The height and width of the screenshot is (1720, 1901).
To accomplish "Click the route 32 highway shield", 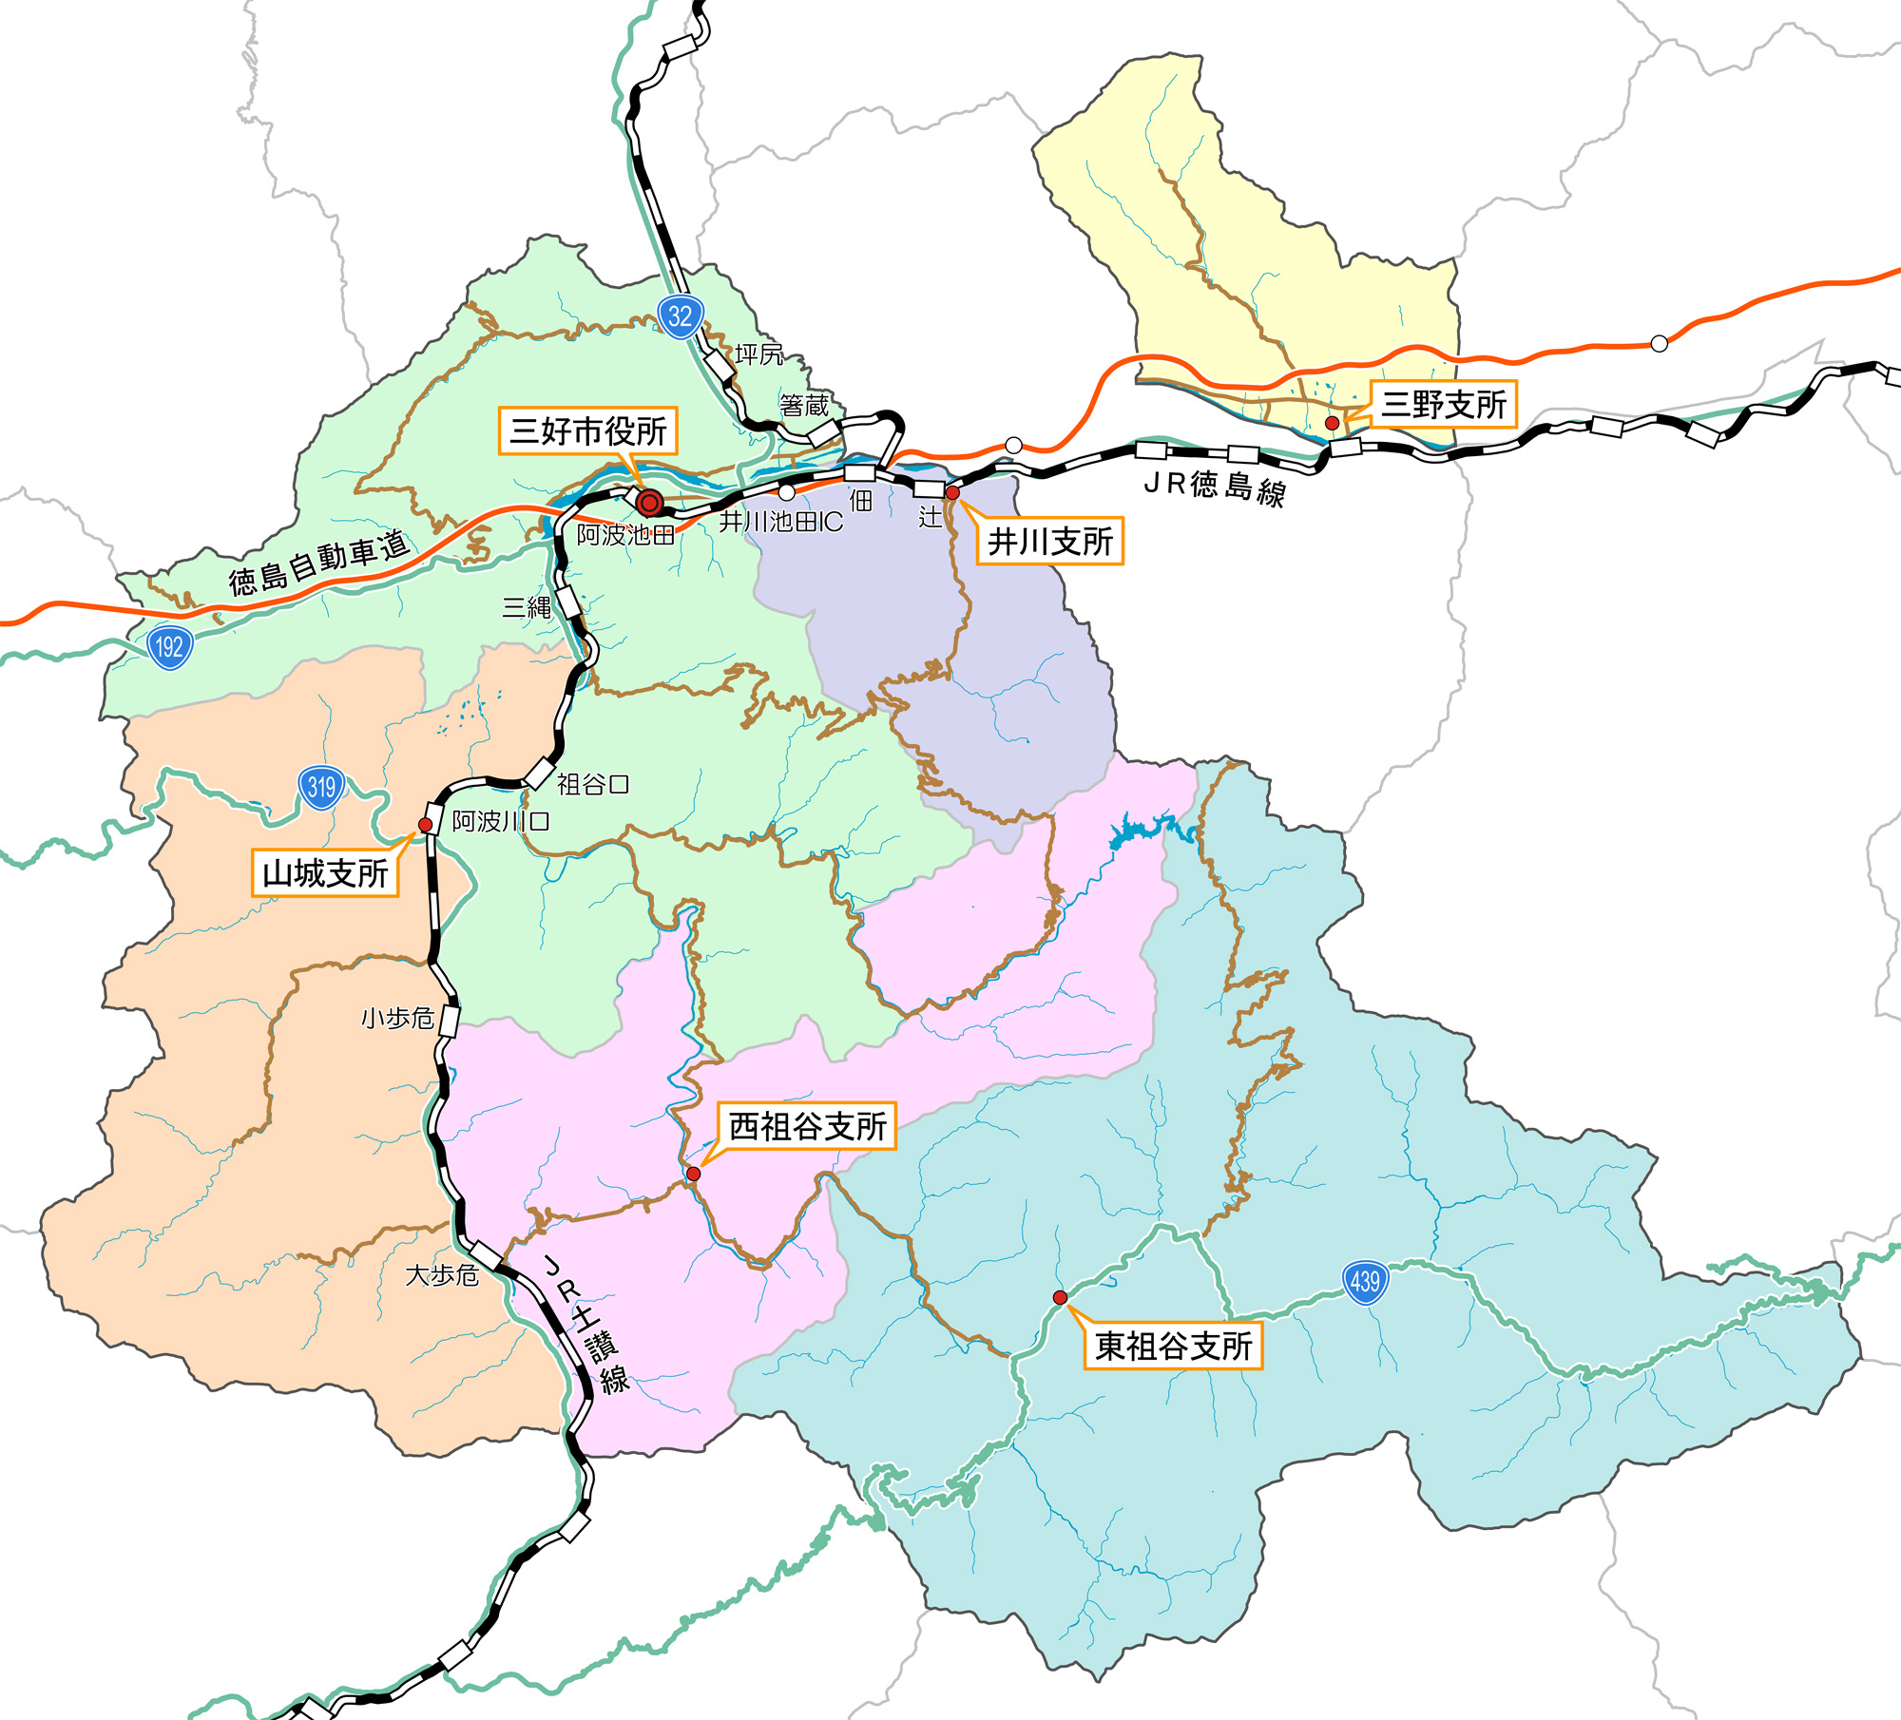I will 680,316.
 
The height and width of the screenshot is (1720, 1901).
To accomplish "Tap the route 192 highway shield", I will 170,647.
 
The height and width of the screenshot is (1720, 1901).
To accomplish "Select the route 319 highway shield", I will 321,787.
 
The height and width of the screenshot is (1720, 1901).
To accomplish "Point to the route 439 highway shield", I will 1365,1282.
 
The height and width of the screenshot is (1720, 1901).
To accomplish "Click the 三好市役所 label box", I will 588,431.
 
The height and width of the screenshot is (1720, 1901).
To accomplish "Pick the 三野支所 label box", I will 1443,405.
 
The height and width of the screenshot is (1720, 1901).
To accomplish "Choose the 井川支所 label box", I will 1049,542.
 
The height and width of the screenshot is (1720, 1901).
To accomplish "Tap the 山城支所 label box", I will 324,873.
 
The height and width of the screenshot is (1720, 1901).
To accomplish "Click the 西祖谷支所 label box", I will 807,1127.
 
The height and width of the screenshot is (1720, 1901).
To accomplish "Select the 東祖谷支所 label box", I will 1173,1346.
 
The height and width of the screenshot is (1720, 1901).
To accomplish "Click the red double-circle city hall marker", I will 650,502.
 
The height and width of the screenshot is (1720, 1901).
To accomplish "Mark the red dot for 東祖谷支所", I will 1060,1297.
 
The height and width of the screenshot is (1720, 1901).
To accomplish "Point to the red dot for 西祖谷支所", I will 694,1175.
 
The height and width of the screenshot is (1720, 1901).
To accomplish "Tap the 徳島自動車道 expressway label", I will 319,563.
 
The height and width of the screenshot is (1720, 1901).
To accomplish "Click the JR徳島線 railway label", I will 1215,488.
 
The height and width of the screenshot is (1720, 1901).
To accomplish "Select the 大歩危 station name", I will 441,1275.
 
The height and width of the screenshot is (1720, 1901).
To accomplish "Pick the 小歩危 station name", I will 397,1019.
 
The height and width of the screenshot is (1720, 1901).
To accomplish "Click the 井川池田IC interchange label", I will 780,522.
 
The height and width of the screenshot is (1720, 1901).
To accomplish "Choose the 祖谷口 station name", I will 592,785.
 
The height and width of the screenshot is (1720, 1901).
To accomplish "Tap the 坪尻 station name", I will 758,354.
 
